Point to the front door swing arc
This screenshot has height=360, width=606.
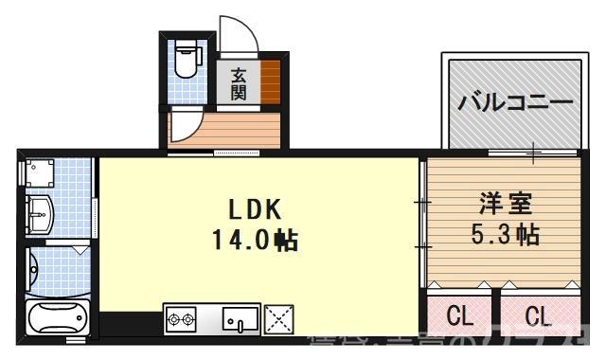click(x=237, y=36)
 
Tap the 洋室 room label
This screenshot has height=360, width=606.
click(x=502, y=204)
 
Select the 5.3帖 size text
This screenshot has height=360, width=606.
click(x=505, y=233)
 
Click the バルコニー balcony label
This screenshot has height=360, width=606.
click(x=515, y=101)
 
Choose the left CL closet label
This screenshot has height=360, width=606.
click(x=460, y=315)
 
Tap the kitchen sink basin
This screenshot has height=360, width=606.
click(x=241, y=320)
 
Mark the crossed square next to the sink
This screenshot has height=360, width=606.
click(x=280, y=319)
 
